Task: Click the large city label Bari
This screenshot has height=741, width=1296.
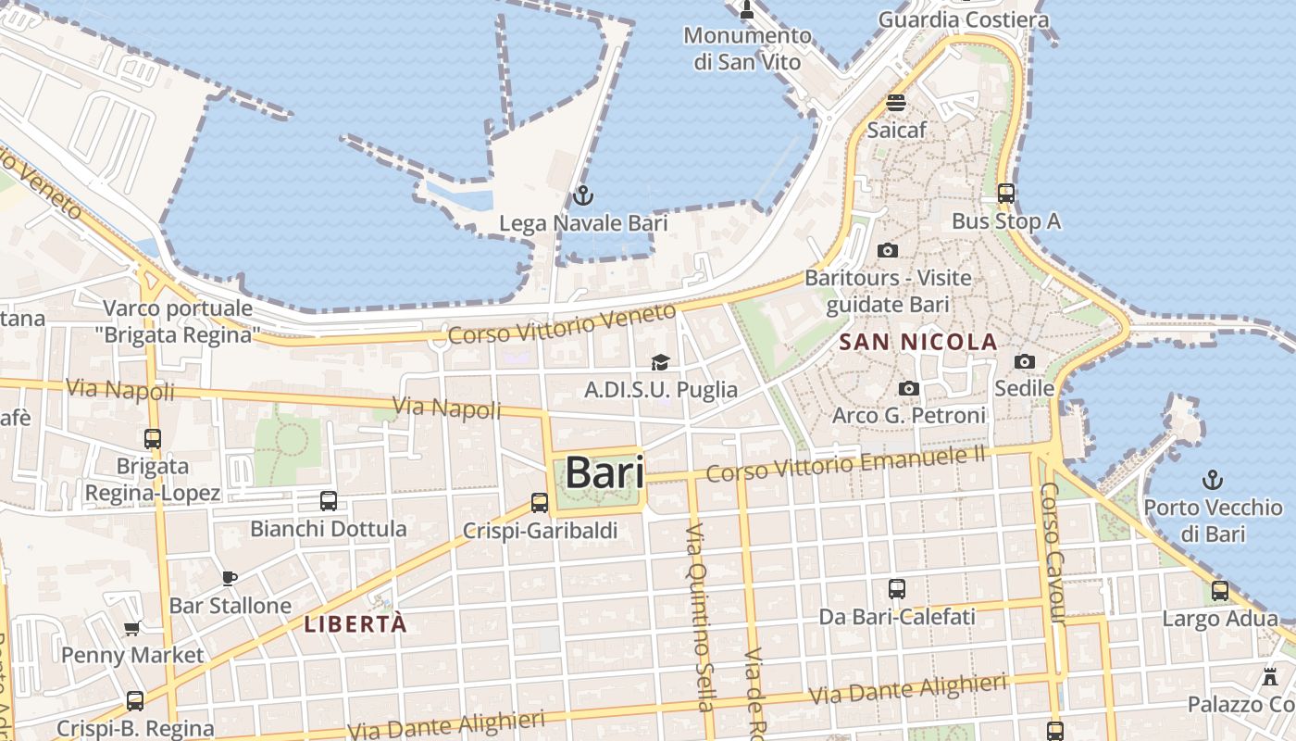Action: click(x=604, y=472)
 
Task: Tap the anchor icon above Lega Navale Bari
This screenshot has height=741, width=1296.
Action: click(x=582, y=195)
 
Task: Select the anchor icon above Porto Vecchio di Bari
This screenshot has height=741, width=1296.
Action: click(x=1212, y=480)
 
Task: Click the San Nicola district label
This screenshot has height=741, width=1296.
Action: click(x=918, y=343)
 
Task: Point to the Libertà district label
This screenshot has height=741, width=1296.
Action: click(x=355, y=624)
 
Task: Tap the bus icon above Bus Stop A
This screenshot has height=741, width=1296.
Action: click(x=1006, y=194)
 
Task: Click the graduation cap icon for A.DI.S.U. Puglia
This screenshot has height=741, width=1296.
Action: click(x=660, y=362)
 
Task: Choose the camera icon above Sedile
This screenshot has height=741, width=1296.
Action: click(x=1024, y=361)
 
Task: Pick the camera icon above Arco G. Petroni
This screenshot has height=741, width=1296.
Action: click(x=909, y=388)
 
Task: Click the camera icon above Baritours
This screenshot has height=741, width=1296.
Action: click(x=887, y=250)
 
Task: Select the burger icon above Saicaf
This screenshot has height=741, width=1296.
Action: click(x=895, y=103)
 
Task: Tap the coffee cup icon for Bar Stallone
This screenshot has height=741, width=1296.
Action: click(x=230, y=579)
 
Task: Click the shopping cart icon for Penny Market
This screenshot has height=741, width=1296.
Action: click(x=132, y=629)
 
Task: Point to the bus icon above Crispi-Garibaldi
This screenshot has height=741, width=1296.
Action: click(x=540, y=503)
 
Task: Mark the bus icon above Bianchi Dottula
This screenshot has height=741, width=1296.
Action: click(x=328, y=501)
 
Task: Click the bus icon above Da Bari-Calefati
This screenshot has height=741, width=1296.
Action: click(x=896, y=589)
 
